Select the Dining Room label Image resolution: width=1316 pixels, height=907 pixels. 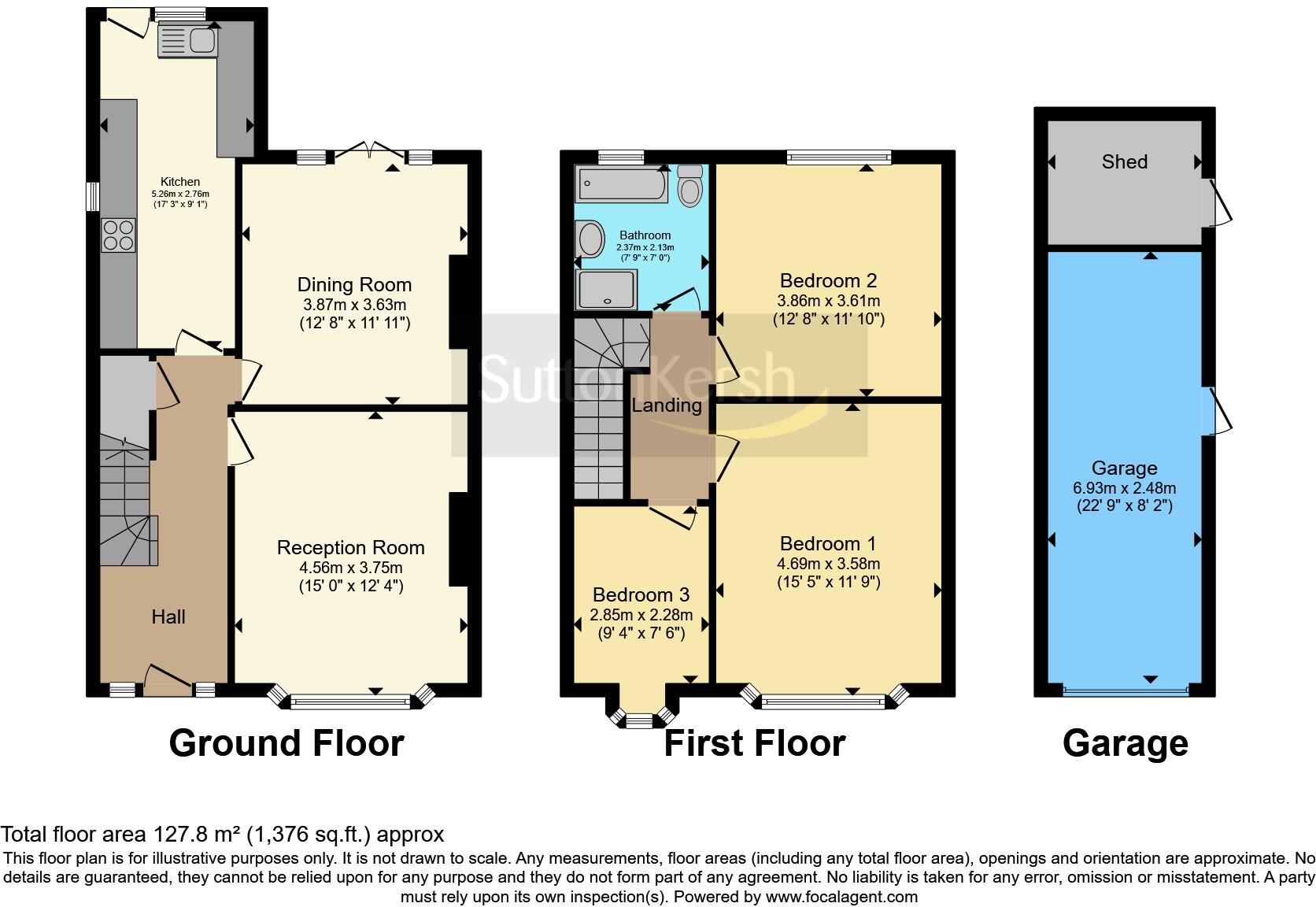(x=354, y=285)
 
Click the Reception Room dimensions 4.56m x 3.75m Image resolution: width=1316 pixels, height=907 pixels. (x=351, y=567)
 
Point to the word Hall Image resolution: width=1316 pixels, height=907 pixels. (x=168, y=616)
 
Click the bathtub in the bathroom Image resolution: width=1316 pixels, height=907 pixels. (x=622, y=184)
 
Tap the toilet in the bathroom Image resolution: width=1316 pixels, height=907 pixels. (x=689, y=186)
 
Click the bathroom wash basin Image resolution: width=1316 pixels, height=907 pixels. (x=589, y=239)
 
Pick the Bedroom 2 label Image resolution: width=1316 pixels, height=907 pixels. (x=828, y=280)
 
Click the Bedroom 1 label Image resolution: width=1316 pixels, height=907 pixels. (x=828, y=543)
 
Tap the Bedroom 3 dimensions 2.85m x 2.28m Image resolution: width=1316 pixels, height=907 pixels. (x=641, y=615)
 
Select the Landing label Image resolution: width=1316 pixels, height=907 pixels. (x=667, y=405)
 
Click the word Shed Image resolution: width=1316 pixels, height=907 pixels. (x=1124, y=162)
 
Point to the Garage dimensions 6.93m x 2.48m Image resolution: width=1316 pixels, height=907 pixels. (x=1124, y=488)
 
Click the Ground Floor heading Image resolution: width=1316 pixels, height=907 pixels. (x=286, y=743)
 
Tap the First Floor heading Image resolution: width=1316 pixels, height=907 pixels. (x=754, y=743)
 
